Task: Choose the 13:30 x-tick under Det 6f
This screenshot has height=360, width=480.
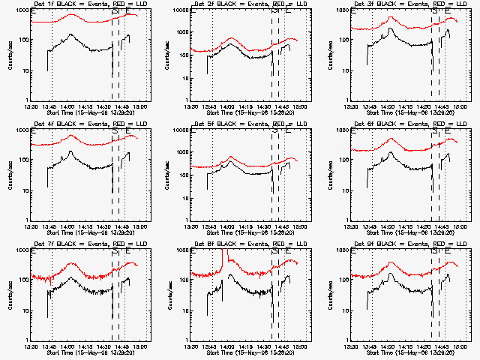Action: pyautogui.click(x=352, y=227)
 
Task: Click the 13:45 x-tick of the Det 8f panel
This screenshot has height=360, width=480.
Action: pyautogui.click(x=209, y=347)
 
